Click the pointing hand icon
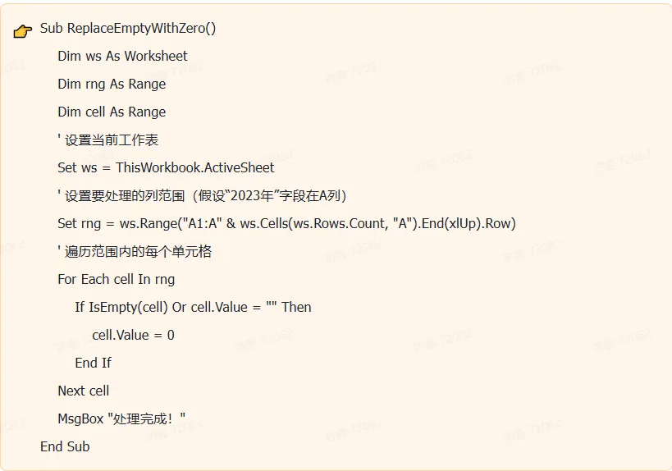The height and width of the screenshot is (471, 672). [23, 30]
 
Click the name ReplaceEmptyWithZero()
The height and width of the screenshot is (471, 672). [141, 28]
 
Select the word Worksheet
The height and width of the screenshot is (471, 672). [156, 56]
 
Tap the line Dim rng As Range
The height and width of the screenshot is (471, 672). [112, 84]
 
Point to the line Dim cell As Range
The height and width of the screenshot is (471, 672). [112, 112]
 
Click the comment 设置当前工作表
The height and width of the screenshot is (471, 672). [111, 139]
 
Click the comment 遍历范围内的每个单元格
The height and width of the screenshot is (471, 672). [138, 251]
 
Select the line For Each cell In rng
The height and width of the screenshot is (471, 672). [117, 279]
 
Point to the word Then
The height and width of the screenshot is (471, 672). [296, 307]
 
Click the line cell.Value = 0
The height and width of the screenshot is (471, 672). [133, 335]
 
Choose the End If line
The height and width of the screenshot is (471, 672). [93, 363]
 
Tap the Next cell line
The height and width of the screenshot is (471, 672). [83, 391]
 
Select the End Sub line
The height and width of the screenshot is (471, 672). [65, 446]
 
